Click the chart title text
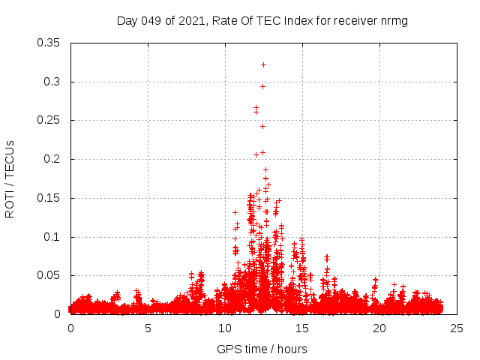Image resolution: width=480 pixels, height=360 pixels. tap(262, 20)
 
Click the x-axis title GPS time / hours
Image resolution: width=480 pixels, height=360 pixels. tap(262, 349)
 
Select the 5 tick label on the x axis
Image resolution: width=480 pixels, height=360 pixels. tap(148, 328)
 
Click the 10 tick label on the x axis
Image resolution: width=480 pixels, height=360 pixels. tap(225, 328)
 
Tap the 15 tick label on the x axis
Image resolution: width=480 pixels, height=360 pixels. tap(302, 328)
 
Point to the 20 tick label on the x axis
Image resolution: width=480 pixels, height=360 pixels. tap(379, 328)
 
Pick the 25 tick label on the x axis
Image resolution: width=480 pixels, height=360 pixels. tap(457, 328)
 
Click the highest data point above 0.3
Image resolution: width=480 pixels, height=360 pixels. tap(263, 65)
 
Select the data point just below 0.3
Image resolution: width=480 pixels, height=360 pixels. tap(262, 86)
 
